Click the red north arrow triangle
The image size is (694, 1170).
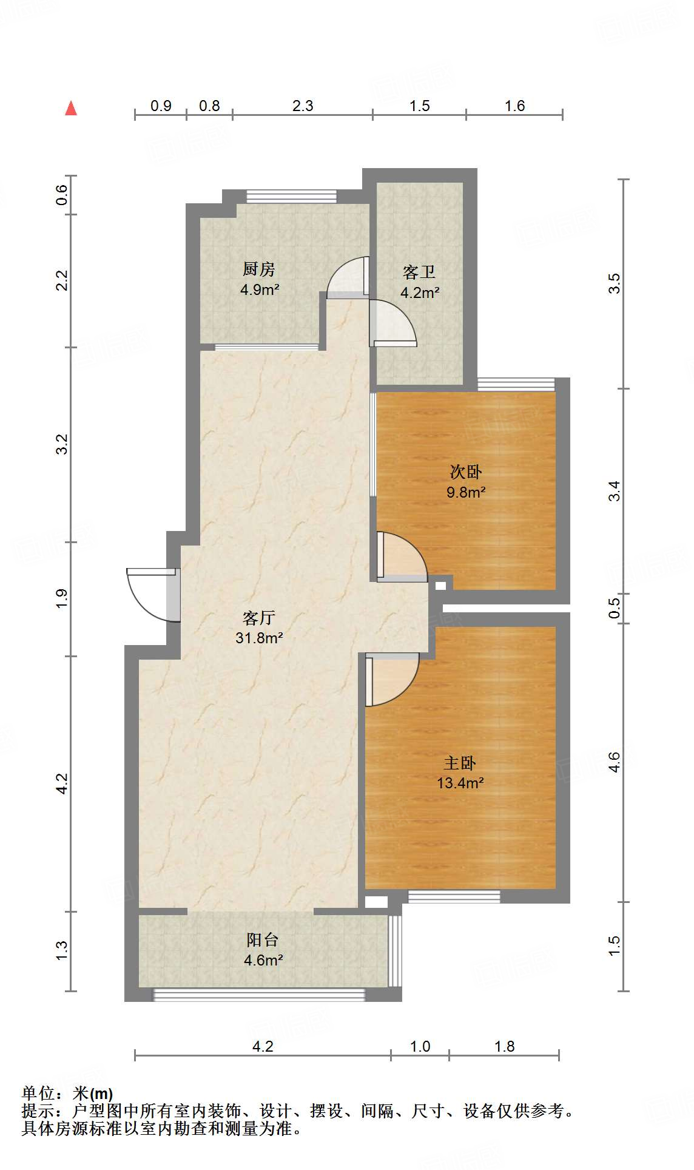click(71, 108)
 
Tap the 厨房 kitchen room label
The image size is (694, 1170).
click(259, 269)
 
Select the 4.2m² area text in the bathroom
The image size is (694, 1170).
click(420, 292)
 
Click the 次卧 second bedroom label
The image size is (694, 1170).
click(466, 472)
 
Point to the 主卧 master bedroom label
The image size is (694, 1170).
click(460, 763)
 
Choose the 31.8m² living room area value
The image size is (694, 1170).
click(259, 638)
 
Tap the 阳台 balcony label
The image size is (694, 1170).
click(263, 940)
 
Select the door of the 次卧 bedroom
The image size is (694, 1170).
click(400, 557)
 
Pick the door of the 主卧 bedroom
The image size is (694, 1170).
click(391, 678)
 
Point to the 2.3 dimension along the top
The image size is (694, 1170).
click(303, 106)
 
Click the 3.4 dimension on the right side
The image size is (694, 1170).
click(615, 491)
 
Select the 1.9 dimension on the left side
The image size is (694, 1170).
click(62, 599)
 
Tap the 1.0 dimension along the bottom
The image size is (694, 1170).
click(420, 1047)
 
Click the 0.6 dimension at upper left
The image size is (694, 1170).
click(62, 195)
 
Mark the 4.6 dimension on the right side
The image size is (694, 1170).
click(615, 762)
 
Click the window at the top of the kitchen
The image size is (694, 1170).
click(291, 197)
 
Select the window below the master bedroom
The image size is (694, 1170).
click(454, 896)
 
